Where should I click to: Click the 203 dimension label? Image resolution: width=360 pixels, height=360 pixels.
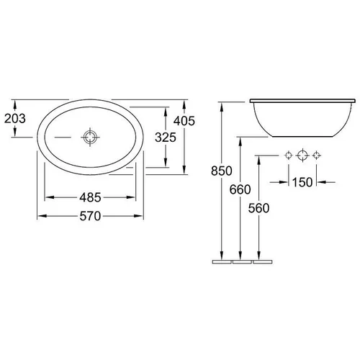[15, 119]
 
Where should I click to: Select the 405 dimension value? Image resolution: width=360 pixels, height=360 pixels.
[184, 121]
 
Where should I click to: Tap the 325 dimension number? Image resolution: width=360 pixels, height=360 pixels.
[166, 138]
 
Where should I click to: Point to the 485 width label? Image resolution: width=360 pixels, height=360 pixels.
[90, 197]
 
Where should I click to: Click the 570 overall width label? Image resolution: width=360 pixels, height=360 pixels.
[90, 216]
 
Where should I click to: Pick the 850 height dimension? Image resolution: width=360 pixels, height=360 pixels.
[222, 171]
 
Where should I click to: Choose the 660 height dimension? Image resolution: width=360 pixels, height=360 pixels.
[240, 189]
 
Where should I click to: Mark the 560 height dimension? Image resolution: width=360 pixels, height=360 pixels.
[258, 208]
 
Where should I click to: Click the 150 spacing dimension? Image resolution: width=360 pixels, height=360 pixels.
[302, 182]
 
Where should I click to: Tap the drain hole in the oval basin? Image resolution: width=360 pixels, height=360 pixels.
[90, 137]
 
